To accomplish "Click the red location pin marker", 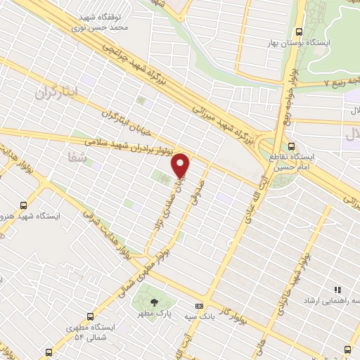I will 181,165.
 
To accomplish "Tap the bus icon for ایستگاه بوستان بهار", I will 300,32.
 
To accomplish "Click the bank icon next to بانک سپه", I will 199,306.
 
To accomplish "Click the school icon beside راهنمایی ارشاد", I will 337,290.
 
